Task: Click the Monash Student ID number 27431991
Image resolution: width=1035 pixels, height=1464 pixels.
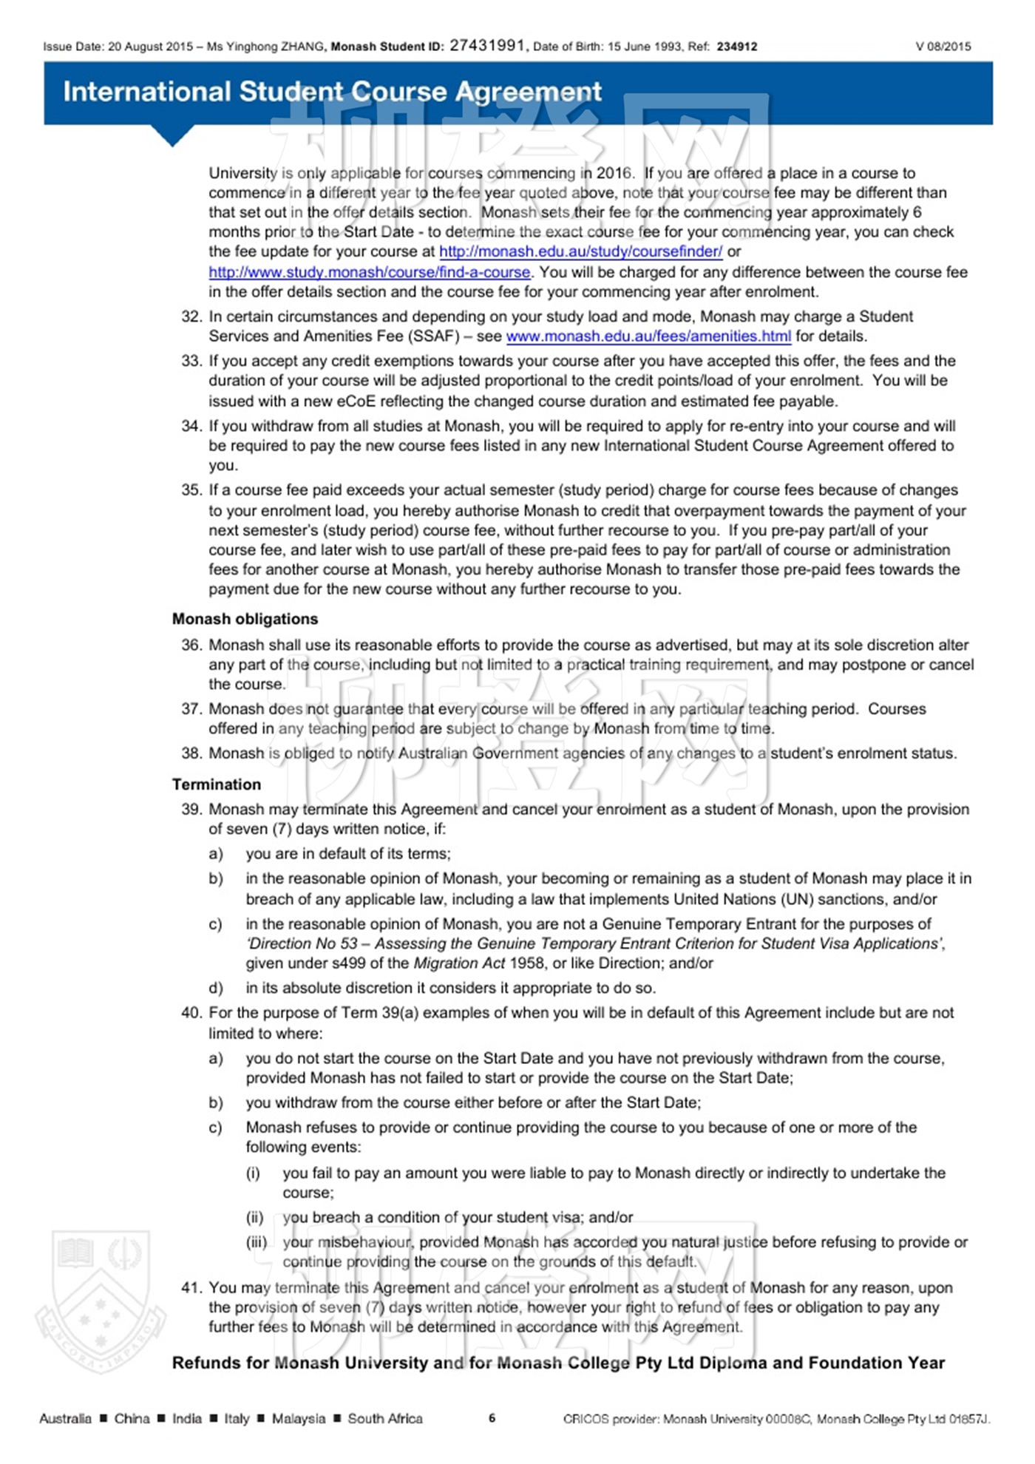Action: pos(488,45)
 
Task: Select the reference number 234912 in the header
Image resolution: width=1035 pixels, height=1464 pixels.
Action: pos(737,47)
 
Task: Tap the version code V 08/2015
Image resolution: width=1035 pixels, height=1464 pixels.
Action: pos(943,47)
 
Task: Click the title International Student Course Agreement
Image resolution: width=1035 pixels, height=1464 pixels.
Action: pos(332,92)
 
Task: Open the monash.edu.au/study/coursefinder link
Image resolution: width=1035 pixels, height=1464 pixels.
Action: pos(580,251)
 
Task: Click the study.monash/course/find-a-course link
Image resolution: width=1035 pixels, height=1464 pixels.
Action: pos(369,272)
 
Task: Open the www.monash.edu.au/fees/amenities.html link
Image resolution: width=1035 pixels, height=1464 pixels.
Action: pos(648,336)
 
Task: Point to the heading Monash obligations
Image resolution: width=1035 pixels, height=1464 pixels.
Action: pos(245,619)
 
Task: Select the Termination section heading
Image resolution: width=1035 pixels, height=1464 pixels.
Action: pos(217,784)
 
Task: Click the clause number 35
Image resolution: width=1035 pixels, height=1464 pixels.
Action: pos(191,490)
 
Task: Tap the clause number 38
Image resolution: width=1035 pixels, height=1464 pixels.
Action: pos(191,753)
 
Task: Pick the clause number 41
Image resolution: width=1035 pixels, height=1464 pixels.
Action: pos(191,1288)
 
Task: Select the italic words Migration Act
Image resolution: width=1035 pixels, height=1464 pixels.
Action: pos(459,963)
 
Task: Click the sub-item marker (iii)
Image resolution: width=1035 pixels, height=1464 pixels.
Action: pos(256,1242)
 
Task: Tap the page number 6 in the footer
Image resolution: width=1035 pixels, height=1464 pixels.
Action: pos(492,1418)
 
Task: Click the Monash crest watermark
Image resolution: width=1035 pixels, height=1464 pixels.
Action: pos(101,1301)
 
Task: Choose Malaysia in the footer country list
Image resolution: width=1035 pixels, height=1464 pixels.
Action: pos(299,1419)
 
